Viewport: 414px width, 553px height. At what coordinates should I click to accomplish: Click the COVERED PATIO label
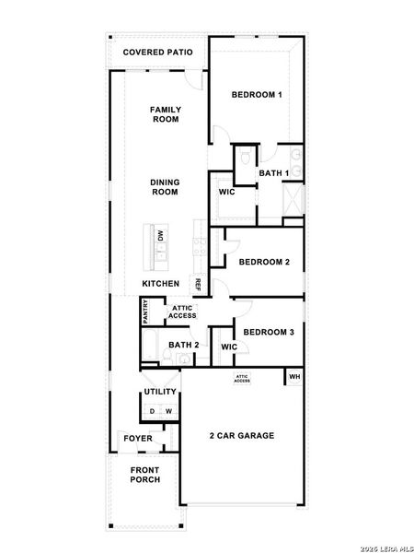pos(157,53)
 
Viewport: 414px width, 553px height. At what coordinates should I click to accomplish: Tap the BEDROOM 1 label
pos(257,95)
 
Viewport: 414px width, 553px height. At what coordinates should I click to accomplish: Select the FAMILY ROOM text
pos(166,114)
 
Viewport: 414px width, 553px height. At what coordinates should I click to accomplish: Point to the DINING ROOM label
pos(165,187)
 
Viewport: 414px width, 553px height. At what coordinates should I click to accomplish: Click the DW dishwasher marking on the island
pos(161,235)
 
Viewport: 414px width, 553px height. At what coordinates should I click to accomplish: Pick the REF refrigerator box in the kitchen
pos(197,284)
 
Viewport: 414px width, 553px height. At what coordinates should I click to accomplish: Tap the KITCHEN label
pos(160,284)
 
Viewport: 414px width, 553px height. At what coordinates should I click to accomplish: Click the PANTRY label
pos(145,312)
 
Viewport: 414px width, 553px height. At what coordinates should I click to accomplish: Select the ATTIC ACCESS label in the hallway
pos(182,312)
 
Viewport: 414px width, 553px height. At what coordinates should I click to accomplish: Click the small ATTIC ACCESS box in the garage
pos(242,379)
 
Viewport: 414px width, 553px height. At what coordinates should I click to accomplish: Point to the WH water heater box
pos(294,377)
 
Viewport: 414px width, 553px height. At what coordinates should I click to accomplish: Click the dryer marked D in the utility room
pos(152,411)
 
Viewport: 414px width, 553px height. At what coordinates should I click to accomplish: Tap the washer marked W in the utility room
pos(169,411)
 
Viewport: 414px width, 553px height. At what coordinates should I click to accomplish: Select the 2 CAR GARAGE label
pos(242,436)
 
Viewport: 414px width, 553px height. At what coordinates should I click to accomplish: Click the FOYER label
pos(138,439)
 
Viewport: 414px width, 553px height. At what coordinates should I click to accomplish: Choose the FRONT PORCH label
pos(145,475)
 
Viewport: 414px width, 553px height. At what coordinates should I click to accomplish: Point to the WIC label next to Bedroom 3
pos(229,347)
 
